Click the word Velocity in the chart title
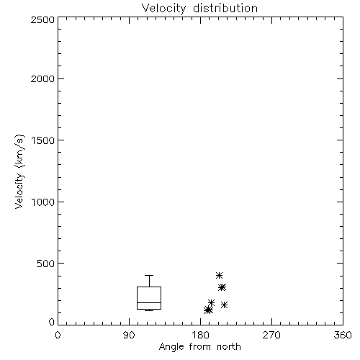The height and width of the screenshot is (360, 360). [164, 9]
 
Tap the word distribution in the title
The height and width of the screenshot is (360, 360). [225, 8]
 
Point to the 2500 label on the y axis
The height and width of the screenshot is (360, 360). [42, 19]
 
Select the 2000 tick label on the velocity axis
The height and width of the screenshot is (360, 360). [42, 78]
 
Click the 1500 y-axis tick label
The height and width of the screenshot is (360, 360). [43, 140]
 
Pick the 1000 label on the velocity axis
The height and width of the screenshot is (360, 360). [43, 202]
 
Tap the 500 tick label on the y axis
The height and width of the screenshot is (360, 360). [46, 264]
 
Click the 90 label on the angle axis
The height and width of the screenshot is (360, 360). [129, 335]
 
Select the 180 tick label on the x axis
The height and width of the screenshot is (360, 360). [200, 335]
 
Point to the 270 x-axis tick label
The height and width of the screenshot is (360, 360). [271, 335]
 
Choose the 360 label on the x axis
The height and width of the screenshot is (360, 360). [343, 335]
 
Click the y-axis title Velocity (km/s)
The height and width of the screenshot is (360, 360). [19, 171]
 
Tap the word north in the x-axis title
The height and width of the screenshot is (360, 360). [229, 347]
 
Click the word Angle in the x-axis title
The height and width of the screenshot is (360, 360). [171, 347]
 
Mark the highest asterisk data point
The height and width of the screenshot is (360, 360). [219, 275]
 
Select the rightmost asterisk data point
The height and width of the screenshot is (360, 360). [224, 305]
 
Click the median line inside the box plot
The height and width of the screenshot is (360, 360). [149, 302]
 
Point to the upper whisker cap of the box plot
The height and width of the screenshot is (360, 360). [149, 275]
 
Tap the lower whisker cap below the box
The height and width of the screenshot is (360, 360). [149, 310]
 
